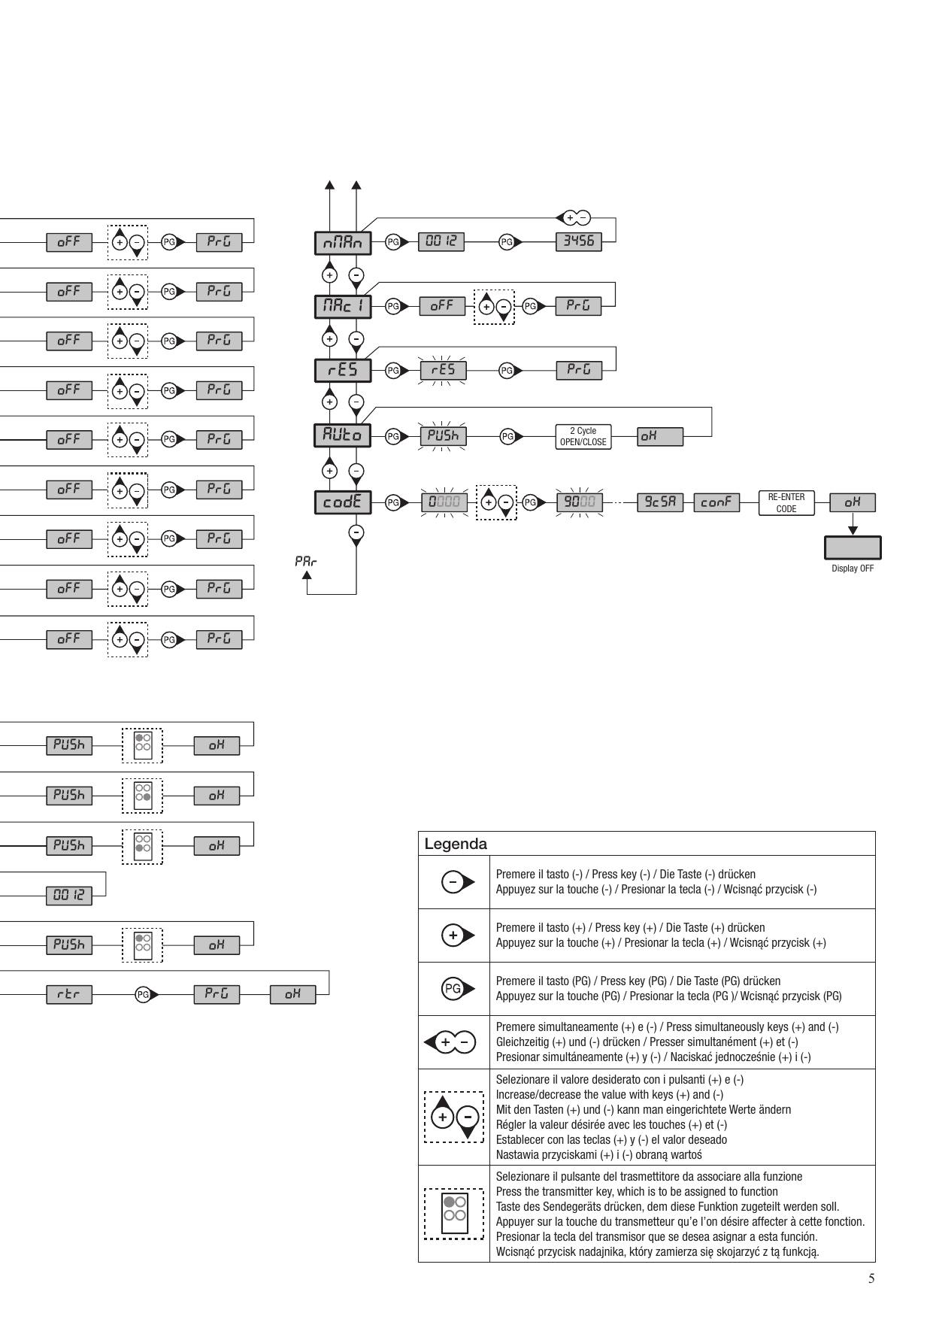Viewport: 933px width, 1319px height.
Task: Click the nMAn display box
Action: tap(343, 242)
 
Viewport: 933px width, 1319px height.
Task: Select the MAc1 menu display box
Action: tap(343, 306)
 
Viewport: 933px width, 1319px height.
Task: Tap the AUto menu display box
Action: tap(343, 435)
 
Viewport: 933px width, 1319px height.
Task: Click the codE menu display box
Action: tap(343, 502)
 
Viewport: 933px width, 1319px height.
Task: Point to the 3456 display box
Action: tap(579, 241)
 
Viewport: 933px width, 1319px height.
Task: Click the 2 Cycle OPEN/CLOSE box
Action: tap(583, 437)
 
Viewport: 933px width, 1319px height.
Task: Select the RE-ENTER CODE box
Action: tap(786, 503)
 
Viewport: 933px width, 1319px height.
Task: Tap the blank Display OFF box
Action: tap(853, 547)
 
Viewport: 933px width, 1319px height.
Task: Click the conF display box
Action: tap(716, 502)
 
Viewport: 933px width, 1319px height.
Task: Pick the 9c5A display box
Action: tap(660, 502)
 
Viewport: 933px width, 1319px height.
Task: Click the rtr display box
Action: tap(68, 995)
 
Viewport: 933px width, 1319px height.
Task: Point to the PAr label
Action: tap(305, 561)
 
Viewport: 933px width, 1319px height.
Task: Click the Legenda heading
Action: tap(456, 844)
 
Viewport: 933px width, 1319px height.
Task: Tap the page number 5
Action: tap(871, 1279)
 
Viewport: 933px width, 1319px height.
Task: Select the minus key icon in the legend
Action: tap(458, 882)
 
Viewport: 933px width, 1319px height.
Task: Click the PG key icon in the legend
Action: tap(458, 989)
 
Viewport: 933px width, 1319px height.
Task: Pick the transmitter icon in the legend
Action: tap(453, 1213)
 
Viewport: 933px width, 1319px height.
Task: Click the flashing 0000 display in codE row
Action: tap(444, 502)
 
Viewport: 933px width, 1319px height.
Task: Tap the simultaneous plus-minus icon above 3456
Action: tap(573, 218)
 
